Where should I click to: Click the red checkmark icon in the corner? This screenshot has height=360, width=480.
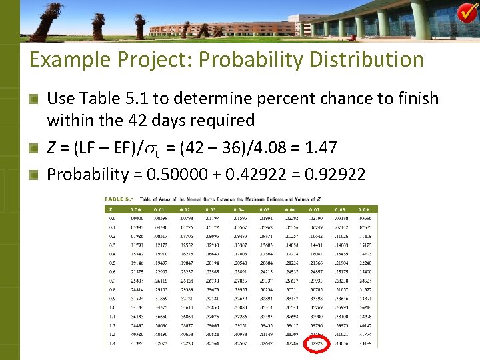[x=467, y=12]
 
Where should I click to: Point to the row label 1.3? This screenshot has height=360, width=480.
[x=112, y=333]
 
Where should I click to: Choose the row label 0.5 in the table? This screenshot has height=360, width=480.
[x=112, y=263]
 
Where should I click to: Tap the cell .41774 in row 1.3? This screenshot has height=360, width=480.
[x=365, y=333]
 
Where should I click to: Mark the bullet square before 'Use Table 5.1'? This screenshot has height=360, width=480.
[x=34, y=99]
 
